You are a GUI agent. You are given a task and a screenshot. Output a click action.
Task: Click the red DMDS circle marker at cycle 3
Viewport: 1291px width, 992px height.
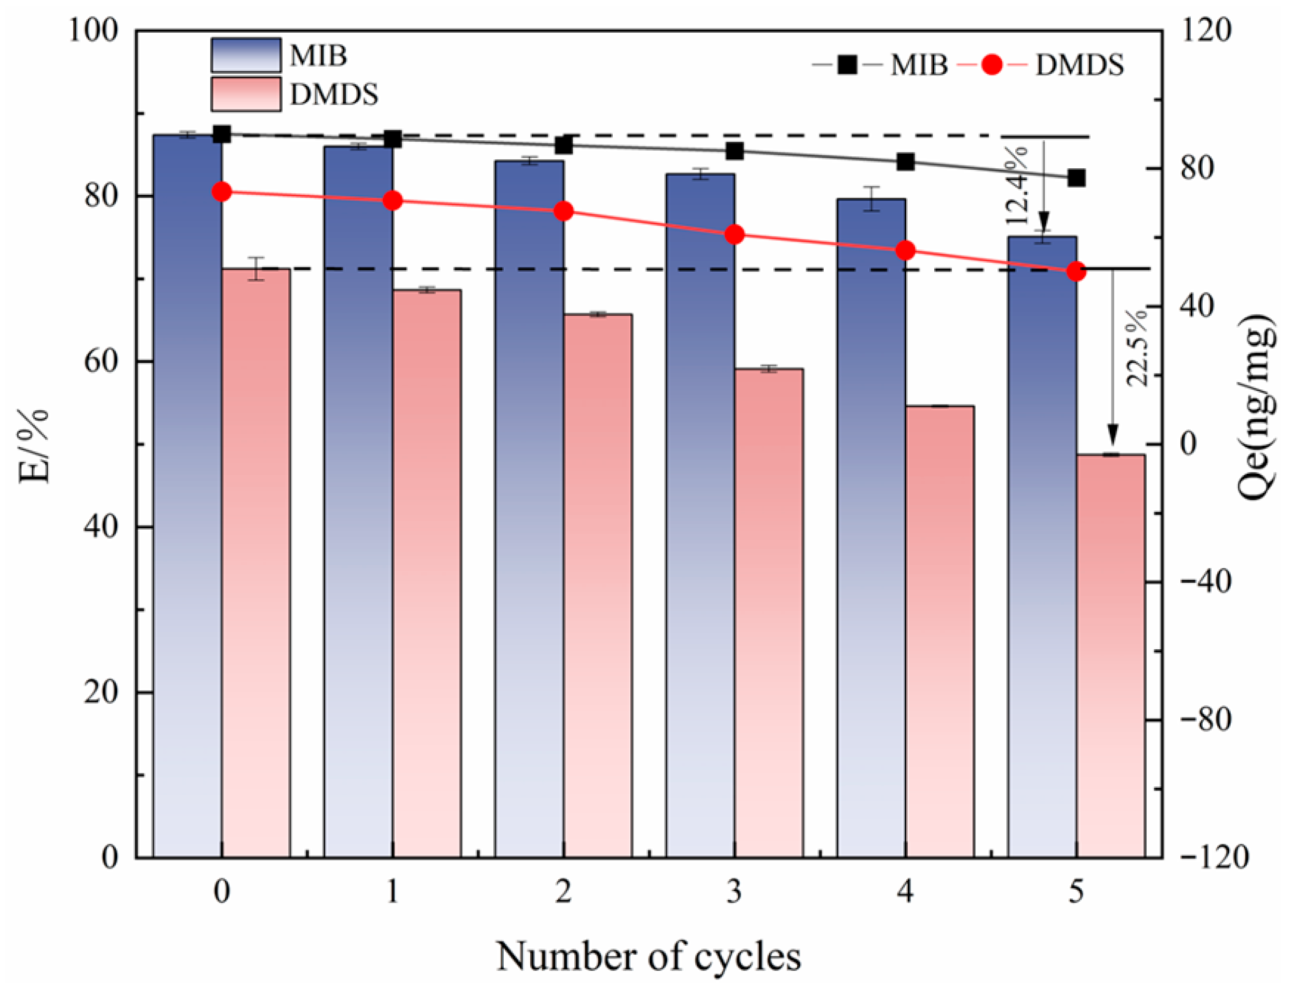point(734,234)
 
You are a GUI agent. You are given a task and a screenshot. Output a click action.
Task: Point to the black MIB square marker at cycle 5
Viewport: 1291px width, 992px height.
point(1075,177)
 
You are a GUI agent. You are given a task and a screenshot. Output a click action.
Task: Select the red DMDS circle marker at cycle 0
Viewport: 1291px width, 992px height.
point(222,191)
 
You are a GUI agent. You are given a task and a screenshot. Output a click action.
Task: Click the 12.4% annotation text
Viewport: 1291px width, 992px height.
point(1016,185)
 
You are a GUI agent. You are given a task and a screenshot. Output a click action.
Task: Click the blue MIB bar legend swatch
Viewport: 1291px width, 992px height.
point(246,55)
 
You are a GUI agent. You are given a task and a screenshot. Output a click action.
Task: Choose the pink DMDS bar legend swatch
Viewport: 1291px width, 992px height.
point(246,93)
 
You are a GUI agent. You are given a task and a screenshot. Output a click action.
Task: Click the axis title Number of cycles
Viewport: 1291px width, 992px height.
point(648,957)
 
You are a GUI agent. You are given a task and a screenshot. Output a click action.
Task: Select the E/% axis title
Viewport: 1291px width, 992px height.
point(34,446)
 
